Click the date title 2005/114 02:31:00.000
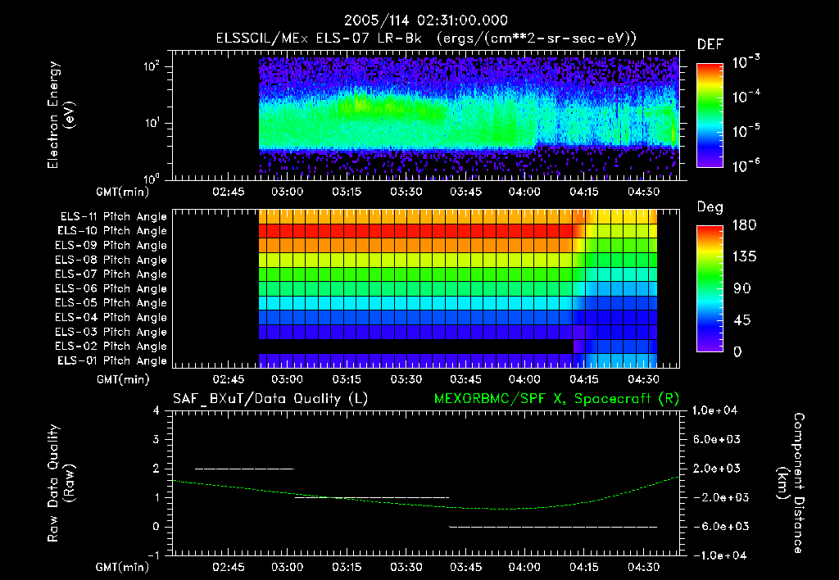tap(426, 20)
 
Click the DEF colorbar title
tap(710, 44)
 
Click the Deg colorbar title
tap(710, 207)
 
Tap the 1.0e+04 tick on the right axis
tap(717, 410)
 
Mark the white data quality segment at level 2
tap(244, 469)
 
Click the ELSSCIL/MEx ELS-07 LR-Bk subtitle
tap(426, 39)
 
